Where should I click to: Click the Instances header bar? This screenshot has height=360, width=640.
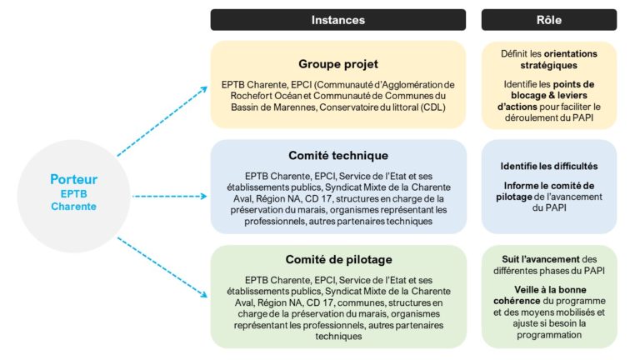coord(337,19)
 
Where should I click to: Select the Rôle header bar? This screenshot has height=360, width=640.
coord(549,19)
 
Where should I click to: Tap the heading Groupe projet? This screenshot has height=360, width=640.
coord(337,63)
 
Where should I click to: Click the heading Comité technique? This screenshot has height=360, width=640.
coord(337,155)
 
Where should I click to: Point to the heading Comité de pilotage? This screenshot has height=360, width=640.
coord(337,260)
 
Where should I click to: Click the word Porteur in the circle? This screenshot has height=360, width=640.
coord(73,179)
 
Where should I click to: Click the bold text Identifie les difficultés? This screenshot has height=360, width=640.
coord(549,166)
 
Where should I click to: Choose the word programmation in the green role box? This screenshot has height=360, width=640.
coord(549,335)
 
